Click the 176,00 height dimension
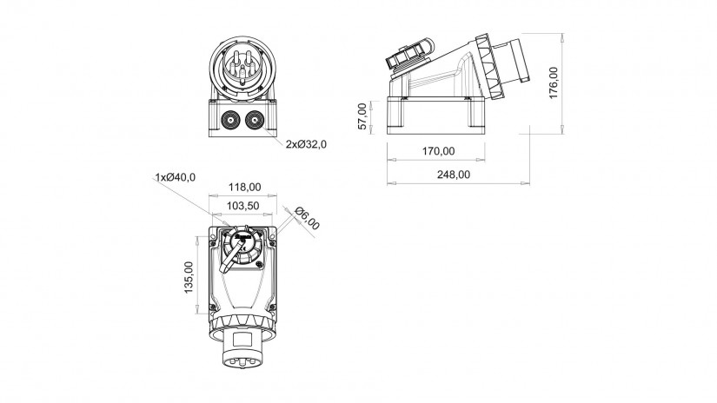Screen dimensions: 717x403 554,83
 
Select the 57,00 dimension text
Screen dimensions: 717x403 362,116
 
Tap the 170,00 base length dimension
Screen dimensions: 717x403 438,151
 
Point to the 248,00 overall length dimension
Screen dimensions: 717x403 453,175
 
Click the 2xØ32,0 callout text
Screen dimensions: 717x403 307,144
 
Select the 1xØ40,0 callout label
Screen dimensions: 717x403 176,177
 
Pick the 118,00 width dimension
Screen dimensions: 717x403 244,187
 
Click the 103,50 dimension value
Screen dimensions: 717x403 242,206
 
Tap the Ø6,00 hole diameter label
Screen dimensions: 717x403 307,218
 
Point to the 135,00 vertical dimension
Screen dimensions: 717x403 189,277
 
